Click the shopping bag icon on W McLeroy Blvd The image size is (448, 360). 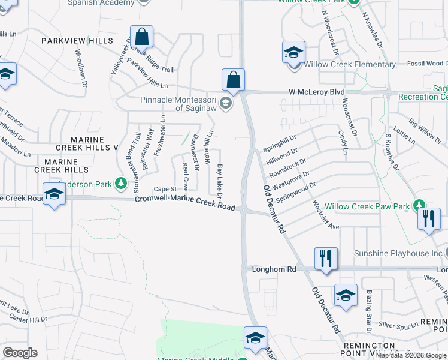coord(233,80)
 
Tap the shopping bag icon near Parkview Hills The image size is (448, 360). coord(141,37)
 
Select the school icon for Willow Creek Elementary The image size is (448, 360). coord(293,53)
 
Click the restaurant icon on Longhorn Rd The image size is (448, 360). coord(325,259)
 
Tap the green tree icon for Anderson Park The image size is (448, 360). coord(120,182)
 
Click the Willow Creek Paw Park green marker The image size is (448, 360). coord(420,206)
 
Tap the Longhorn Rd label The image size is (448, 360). coord(275,269)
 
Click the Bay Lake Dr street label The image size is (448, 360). coord(219,181)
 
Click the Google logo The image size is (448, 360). coord(20,352)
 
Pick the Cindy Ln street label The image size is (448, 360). coord(343,142)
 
